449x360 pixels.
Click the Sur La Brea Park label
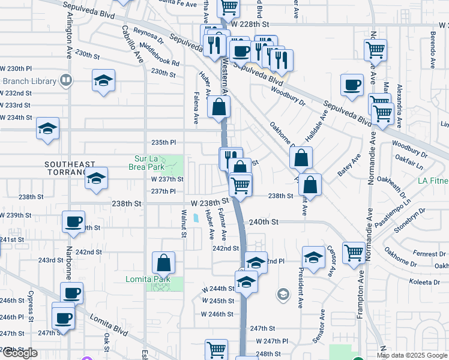(x=149, y=163)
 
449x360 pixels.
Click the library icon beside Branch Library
(x=65, y=80)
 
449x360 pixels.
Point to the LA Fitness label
(x=433, y=181)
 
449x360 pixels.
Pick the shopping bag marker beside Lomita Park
(x=163, y=262)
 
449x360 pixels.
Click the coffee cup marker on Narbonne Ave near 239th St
(x=73, y=221)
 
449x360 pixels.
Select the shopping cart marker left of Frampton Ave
(x=354, y=253)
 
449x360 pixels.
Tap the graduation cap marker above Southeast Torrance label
(x=47, y=129)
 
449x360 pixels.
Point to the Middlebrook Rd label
(x=159, y=53)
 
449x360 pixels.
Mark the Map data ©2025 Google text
(x=412, y=355)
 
